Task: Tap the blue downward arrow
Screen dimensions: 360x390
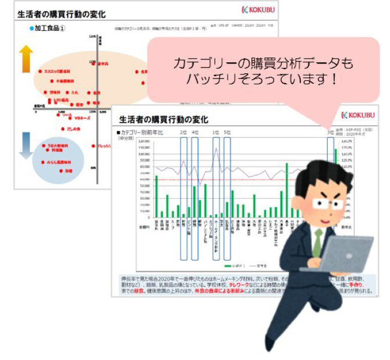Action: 26,145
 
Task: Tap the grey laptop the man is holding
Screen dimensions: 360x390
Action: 346,256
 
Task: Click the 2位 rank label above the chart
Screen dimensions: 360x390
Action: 183,133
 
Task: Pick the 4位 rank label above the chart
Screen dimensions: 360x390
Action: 195,133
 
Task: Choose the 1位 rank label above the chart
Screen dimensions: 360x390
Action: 216,133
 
